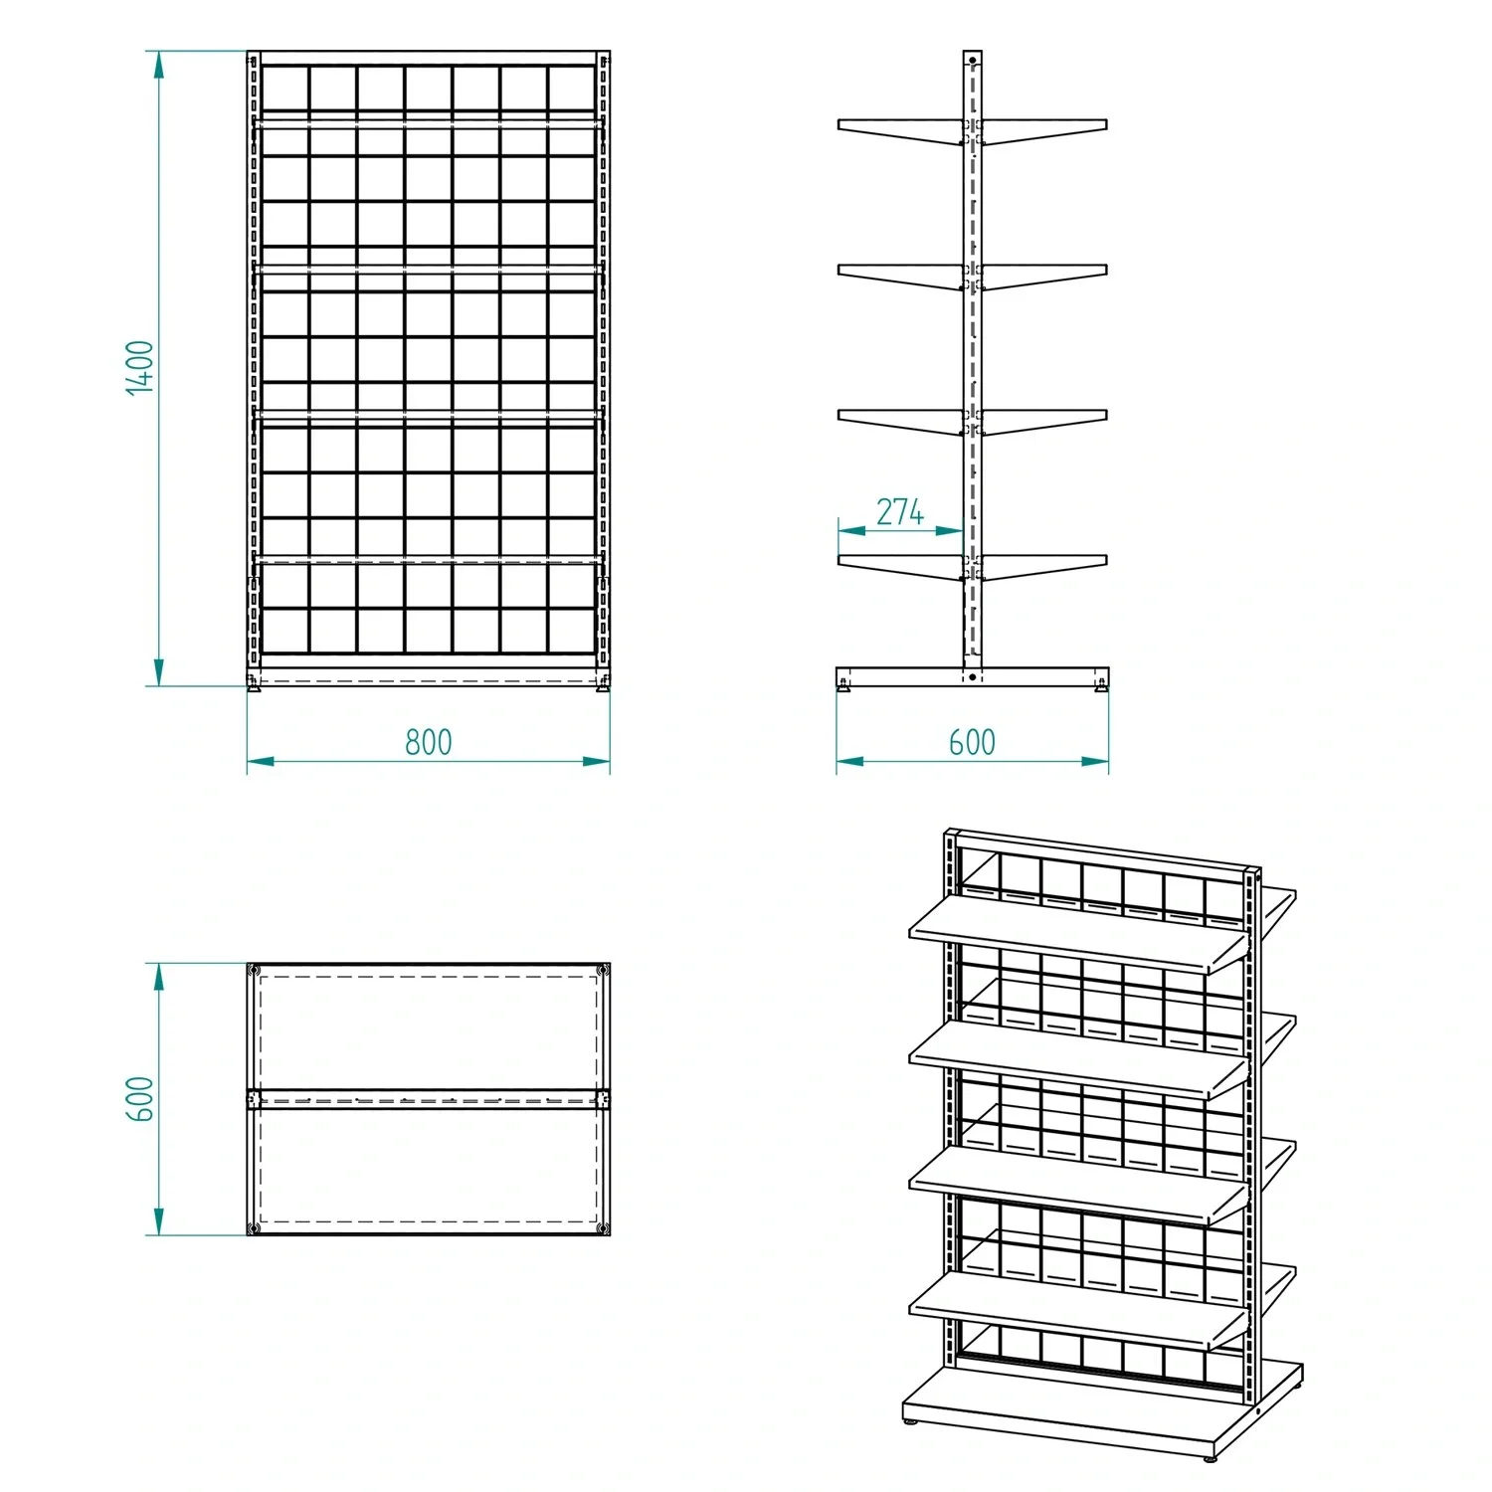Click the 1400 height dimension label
140,368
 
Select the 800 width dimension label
429,742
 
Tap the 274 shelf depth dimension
900,512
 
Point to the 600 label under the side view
972,742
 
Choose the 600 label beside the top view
140,1099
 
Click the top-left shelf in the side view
900,131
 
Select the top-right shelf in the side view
1044,131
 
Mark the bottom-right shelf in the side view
1044,566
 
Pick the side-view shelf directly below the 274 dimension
900,566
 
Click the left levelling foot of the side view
844,683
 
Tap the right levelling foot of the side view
1101,683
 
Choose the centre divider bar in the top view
429,1099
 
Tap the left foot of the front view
254,683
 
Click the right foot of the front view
604,683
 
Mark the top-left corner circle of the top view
255,971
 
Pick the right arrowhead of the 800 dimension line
596,762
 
